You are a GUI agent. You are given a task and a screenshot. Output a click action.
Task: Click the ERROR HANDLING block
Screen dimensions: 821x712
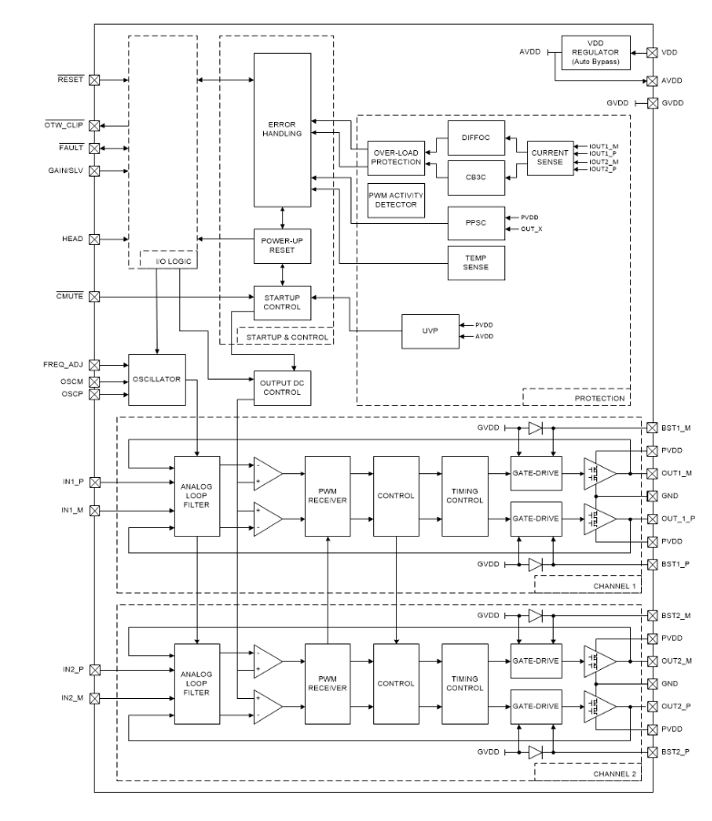[x=282, y=129]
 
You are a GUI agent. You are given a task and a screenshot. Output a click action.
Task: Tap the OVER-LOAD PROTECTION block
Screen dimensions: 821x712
[x=395, y=157]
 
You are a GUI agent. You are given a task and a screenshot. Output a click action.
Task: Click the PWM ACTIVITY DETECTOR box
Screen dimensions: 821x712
[x=395, y=201]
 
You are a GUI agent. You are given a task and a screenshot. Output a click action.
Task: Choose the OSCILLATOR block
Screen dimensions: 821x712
[x=158, y=380]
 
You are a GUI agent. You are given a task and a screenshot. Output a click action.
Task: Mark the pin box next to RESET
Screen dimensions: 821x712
[x=95, y=80]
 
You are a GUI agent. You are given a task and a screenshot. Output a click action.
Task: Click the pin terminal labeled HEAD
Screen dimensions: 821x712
[x=95, y=239]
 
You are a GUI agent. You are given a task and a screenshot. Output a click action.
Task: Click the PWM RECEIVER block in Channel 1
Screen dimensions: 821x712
[x=328, y=496]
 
